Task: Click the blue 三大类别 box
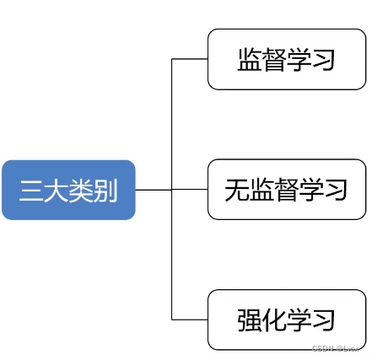tap(68, 190)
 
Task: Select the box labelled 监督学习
tap(287, 59)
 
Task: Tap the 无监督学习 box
tap(287, 190)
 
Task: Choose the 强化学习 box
tap(287, 320)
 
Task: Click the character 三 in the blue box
tap(32, 191)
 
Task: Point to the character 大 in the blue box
tap(57, 191)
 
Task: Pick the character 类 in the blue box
tap(81, 191)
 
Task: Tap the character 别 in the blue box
tap(105, 191)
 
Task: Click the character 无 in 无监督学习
tap(237, 190)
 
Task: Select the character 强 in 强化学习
tap(250, 320)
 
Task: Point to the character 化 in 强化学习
tap(274, 320)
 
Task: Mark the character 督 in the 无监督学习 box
tap(287, 190)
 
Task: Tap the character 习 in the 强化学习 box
tap(324, 320)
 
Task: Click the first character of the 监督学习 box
tap(250, 60)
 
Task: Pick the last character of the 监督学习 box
tap(324, 60)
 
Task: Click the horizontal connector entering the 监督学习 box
tap(190, 59)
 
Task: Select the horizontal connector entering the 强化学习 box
tap(190, 320)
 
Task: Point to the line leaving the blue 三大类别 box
tap(153, 190)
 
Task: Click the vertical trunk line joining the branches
tap(171, 126)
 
